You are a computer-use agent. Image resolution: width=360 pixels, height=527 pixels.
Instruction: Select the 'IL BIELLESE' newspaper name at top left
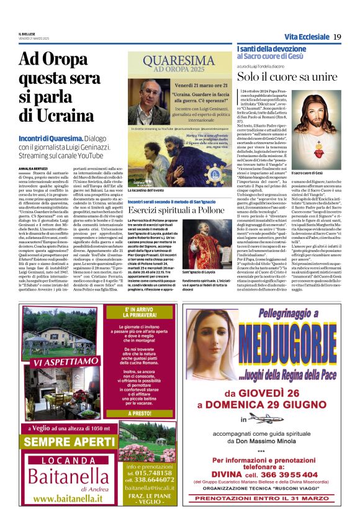[27, 34]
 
